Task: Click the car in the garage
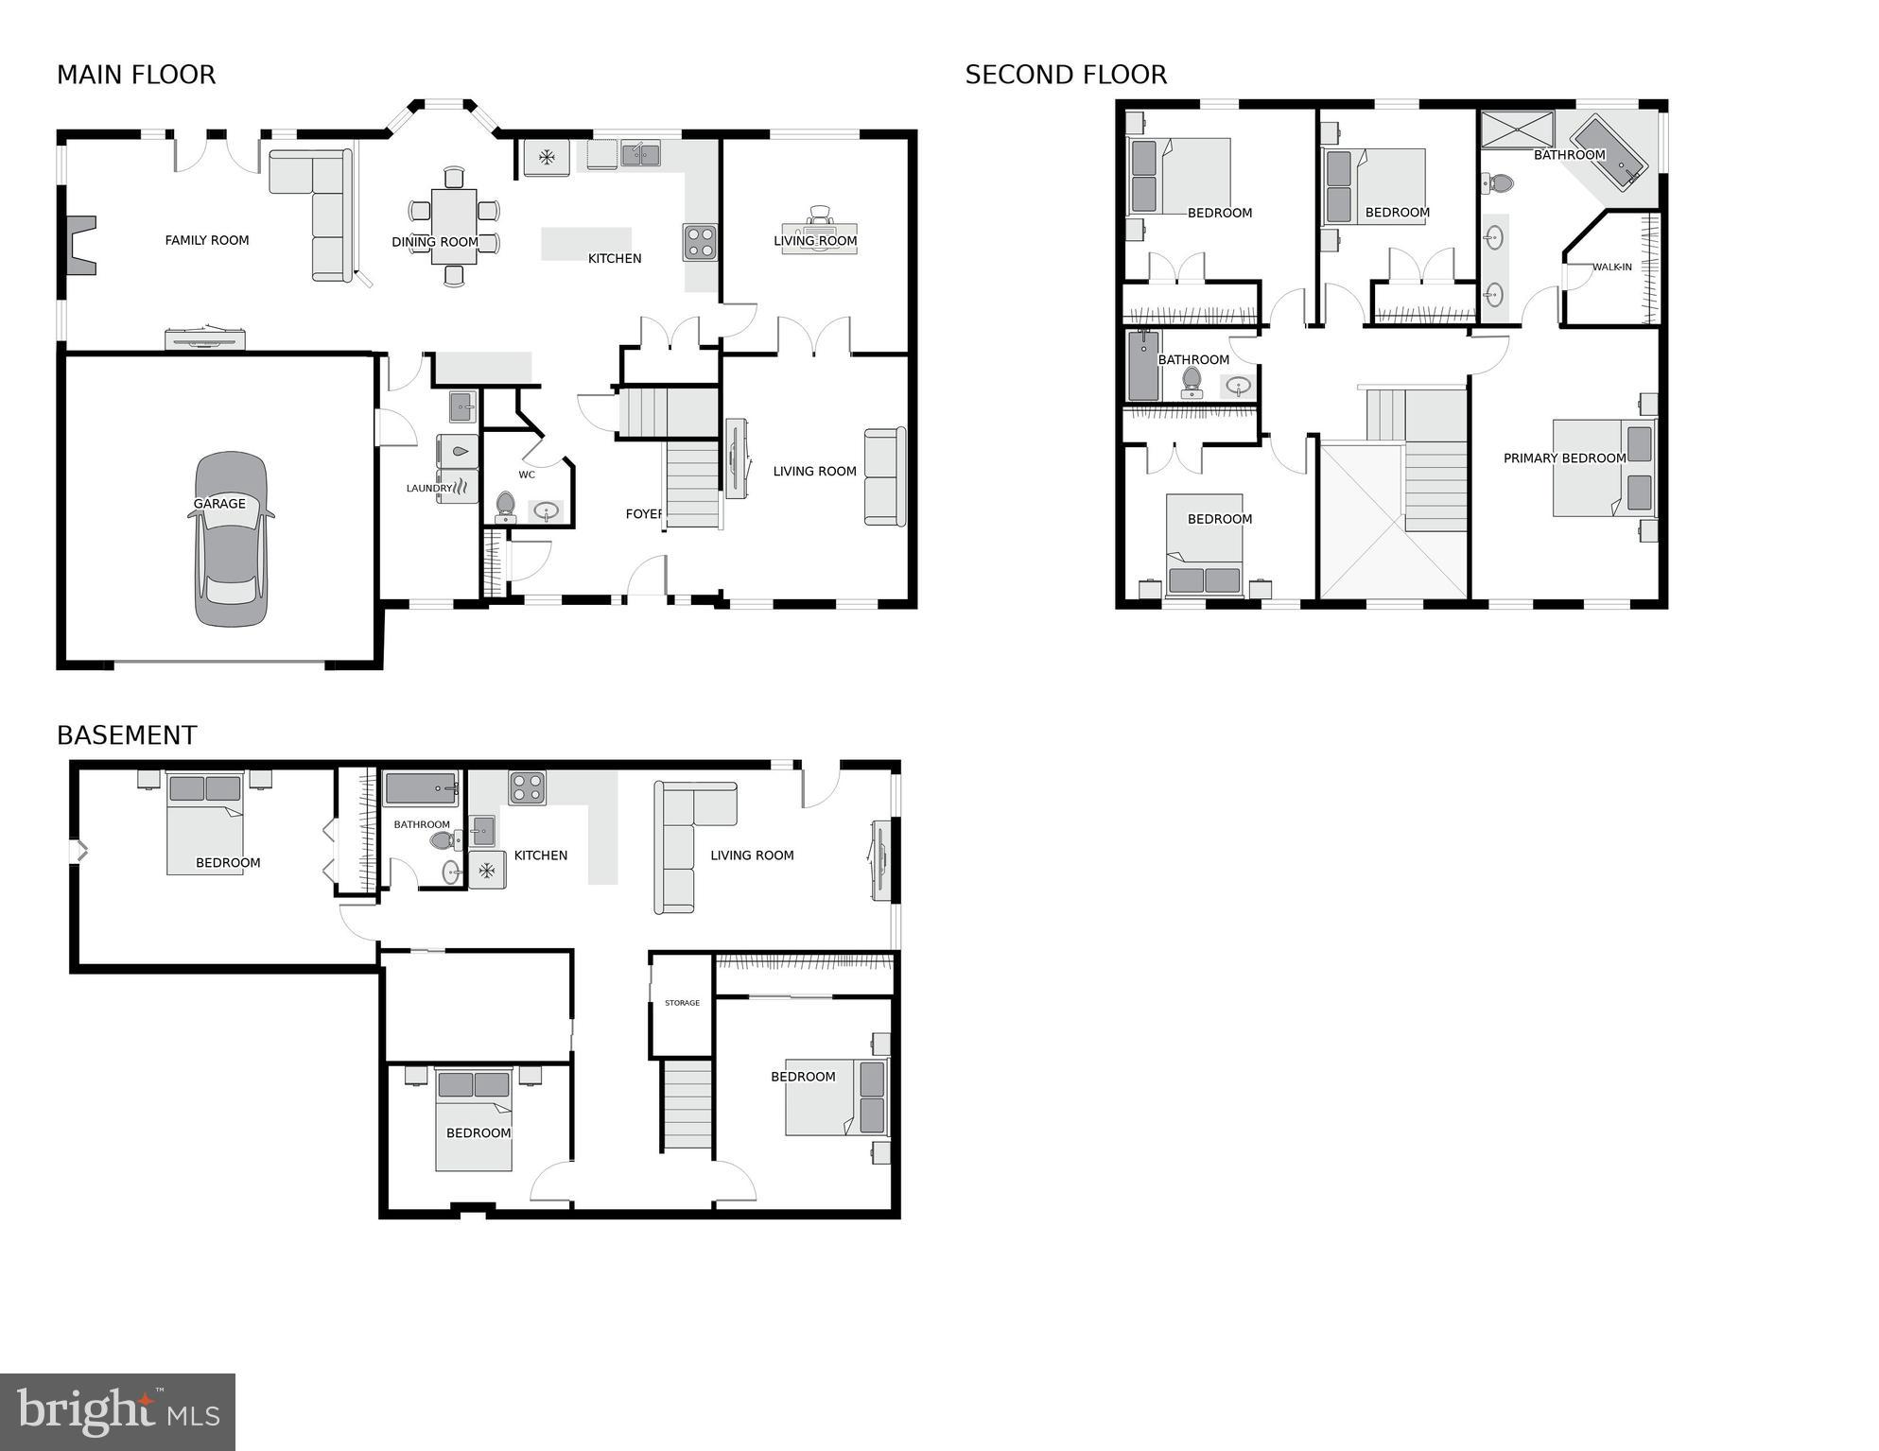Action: point(231,539)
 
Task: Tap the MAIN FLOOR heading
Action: point(136,75)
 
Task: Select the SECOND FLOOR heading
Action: point(1066,75)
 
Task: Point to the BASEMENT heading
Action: point(127,735)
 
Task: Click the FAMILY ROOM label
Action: point(207,240)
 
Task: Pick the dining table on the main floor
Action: point(454,226)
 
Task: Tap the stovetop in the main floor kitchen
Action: point(700,242)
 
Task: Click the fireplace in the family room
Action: point(80,245)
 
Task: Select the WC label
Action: point(527,475)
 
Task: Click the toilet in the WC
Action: point(505,506)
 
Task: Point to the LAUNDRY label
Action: point(429,489)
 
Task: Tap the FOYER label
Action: point(644,514)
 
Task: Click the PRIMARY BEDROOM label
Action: point(1564,458)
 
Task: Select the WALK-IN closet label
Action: point(1611,268)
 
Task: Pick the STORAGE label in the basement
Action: point(682,1003)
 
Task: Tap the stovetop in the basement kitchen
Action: point(527,787)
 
